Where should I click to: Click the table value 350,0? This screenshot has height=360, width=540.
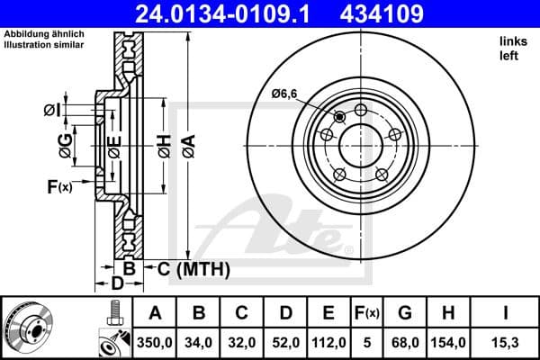tap(154, 342)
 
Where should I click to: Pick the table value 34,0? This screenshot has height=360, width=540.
tap(198, 342)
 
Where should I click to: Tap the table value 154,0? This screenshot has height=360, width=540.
tap(447, 342)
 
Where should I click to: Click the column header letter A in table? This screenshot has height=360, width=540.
tap(154, 312)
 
